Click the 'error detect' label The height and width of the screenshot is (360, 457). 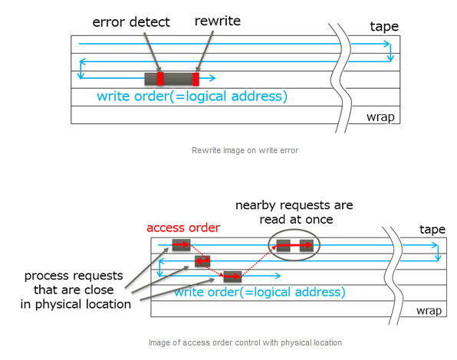[131, 22]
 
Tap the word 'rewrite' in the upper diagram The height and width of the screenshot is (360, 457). [218, 21]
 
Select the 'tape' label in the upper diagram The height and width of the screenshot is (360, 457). [384, 27]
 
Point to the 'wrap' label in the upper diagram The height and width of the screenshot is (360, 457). [380, 117]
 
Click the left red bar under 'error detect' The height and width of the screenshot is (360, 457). [160, 79]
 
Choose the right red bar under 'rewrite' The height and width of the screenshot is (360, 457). [196, 79]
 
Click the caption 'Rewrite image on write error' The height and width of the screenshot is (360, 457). [245, 150]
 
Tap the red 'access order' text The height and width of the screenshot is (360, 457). [183, 228]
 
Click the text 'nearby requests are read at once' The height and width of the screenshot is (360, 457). [294, 212]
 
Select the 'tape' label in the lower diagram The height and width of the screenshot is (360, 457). [432, 230]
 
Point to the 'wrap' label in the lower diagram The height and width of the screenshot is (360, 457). [429, 311]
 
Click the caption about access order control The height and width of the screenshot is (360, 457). [245, 342]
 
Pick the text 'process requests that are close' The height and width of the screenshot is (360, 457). [74, 283]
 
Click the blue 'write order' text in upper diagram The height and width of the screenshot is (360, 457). [192, 97]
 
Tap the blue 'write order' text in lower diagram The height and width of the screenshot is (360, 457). [260, 292]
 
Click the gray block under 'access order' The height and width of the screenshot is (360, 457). [181, 245]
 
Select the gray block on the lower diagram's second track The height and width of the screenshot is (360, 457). [202, 261]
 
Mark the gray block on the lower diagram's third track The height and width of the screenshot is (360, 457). [232, 277]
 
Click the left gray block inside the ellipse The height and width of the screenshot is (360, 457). [283, 246]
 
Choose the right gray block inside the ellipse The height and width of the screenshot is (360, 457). [307, 246]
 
